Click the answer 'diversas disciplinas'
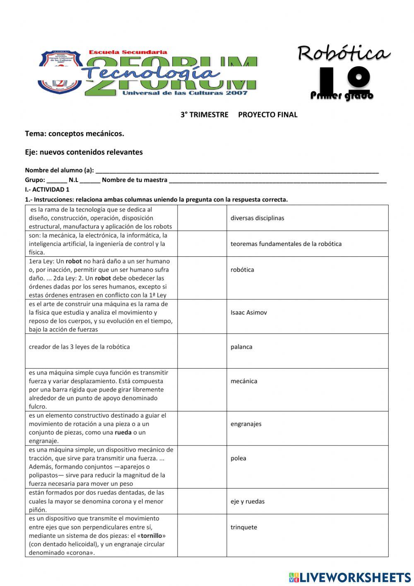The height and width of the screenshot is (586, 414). coord(257,218)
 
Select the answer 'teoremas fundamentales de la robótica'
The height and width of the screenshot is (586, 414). coord(286,244)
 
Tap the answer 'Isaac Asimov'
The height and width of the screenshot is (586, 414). coord(248,313)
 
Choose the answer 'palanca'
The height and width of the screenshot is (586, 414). coord(241,347)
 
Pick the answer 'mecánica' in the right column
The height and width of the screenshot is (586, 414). coord(244,381)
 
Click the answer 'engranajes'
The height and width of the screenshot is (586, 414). coord(246,424)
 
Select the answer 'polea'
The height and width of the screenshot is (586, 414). coord(238,458)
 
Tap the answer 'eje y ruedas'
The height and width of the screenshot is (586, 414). coord(248,501)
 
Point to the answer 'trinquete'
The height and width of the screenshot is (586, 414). coord(244,527)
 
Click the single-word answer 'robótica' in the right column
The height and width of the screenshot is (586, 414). coord(242,270)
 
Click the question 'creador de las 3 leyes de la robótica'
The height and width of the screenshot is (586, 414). coord(79,347)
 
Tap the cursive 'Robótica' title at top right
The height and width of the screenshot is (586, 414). coord(344,53)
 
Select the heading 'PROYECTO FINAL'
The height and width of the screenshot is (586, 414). coord(267,115)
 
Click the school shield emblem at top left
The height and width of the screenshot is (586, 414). coord(60,72)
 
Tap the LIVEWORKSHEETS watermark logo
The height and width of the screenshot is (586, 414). coord(349,577)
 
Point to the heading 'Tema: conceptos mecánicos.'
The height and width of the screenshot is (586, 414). coord(75,134)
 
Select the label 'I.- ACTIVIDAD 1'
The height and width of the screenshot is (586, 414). coord(47,190)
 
